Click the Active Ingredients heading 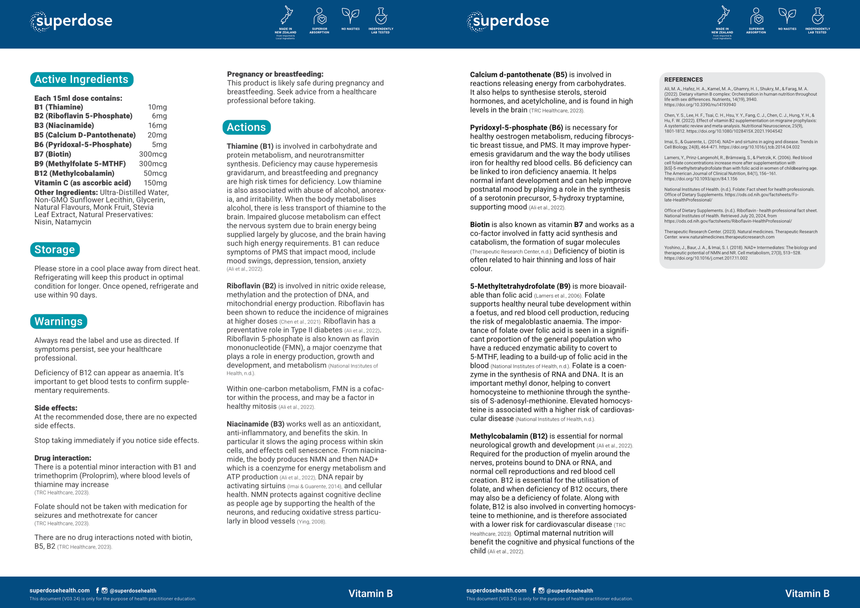(81, 80)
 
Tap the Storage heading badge (55, 250)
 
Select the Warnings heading (58, 321)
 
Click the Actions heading (246, 127)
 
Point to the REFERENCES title (683, 80)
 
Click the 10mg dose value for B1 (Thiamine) (157, 107)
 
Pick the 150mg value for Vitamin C (155, 183)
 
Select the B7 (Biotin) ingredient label (53, 154)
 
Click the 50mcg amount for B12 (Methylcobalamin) (155, 173)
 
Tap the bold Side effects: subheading (56, 408)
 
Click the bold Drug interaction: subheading (63, 458)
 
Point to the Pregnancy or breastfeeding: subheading (275, 74)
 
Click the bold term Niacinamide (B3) (255, 424)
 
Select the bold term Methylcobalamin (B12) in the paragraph (509, 436)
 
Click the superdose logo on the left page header (72, 21)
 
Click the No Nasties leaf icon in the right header (787, 16)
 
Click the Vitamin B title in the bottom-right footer (807, 593)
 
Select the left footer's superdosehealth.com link (60, 590)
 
